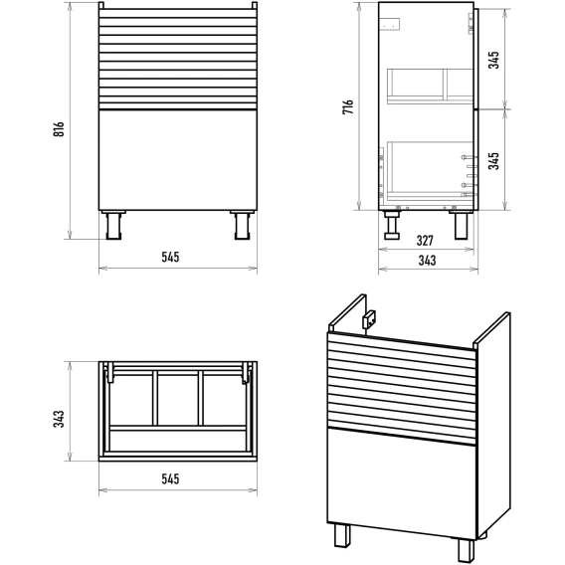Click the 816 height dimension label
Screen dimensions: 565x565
coord(59,129)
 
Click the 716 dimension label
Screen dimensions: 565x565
coord(348,107)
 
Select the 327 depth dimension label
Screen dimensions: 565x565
coord(425,241)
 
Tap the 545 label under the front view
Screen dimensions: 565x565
coord(170,257)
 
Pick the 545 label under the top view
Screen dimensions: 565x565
coord(170,478)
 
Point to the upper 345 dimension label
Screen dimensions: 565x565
coord(493,60)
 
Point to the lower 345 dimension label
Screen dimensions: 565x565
coord(493,161)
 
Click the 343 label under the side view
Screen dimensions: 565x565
coord(427,261)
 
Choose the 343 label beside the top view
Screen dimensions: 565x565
coord(59,419)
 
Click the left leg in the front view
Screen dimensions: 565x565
coord(113,225)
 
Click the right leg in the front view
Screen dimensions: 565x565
coord(242,225)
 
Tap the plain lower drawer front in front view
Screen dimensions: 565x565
coord(178,160)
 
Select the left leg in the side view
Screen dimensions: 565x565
coord(392,225)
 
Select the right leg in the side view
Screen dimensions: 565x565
coord(462,225)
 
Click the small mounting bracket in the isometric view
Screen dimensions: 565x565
coord(369,319)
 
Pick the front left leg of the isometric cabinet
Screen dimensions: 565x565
coord(342,535)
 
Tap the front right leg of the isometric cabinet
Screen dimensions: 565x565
coord(467,550)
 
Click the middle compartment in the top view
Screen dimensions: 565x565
coord(178,399)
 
